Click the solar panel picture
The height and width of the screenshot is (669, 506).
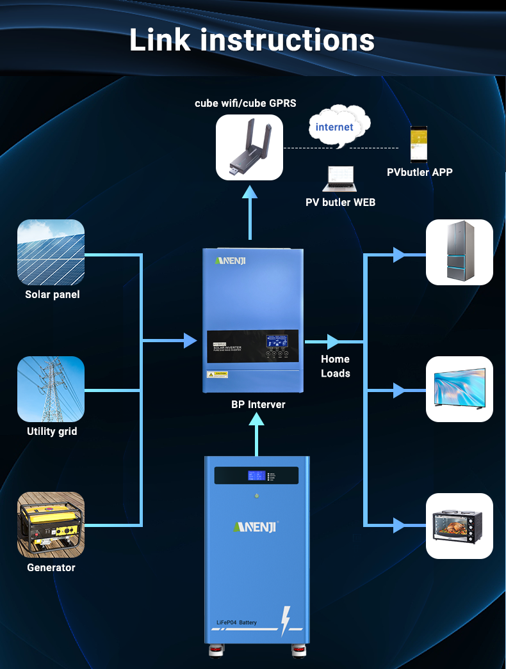(x=51, y=252)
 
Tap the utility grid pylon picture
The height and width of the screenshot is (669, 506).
(x=51, y=389)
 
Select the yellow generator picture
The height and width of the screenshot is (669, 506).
(x=51, y=524)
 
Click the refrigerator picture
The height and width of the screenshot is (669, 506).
(x=459, y=252)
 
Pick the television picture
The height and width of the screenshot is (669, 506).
(x=459, y=389)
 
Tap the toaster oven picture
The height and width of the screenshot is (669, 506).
(x=459, y=526)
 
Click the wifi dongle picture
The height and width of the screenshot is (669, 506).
(x=249, y=147)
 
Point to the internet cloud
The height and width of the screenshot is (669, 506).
(x=334, y=127)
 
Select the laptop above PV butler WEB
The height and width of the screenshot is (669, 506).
(x=339, y=178)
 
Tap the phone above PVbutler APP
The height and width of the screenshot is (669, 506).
(x=419, y=144)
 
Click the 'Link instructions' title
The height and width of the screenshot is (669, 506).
(x=252, y=40)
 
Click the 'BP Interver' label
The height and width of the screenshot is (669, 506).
(x=258, y=404)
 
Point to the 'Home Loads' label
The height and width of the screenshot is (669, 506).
(x=336, y=366)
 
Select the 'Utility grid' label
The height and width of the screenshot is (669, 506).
(x=52, y=431)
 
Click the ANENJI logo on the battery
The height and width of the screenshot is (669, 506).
(x=256, y=526)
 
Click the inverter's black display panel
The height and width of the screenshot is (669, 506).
(x=252, y=346)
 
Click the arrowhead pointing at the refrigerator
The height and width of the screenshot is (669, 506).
(x=399, y=255)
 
